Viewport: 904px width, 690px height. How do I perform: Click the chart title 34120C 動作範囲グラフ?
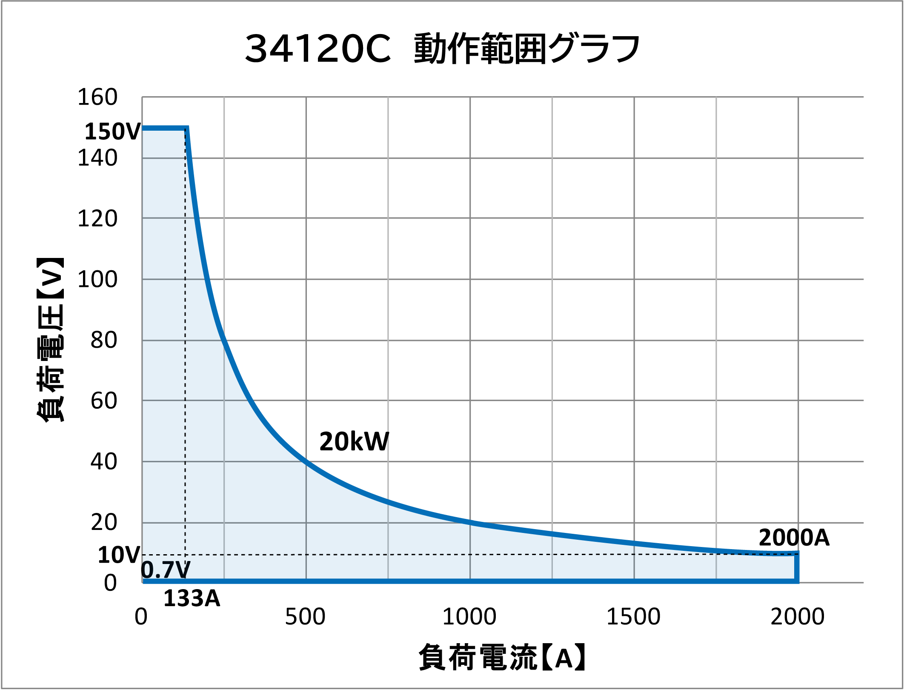tap(443, 49)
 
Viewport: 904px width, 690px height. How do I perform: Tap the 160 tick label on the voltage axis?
tap(97, 97)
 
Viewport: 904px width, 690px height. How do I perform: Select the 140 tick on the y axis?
tap(97, 158)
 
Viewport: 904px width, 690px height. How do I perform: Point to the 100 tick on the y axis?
tap(97, 280)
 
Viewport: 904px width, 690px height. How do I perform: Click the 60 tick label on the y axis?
tap(103, 401)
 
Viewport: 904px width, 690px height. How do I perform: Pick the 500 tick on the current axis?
tap(305, 616)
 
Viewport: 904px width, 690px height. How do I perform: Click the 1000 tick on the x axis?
tap(469, 616)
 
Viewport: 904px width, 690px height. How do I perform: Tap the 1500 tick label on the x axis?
tap(633, 616)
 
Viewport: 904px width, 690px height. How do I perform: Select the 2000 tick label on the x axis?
tap(797, 616)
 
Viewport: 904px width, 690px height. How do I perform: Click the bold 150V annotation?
tap(112, 131)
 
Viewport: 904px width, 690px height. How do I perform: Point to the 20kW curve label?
tap(354, 441)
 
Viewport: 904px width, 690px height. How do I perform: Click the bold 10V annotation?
tap(119, 555)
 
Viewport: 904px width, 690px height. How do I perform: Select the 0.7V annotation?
tap(165, 570)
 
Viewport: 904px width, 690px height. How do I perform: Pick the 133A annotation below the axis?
tap(192, 598)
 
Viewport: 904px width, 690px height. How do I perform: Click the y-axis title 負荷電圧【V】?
tap(50, 340)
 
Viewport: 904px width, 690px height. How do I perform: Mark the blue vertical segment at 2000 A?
tap(796, 567)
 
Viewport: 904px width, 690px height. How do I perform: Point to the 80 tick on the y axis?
tap(103, 341)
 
